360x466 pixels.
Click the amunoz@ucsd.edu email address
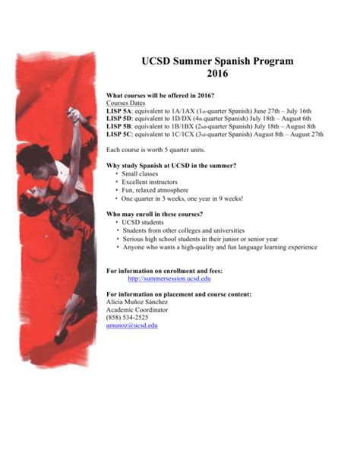point(132,325)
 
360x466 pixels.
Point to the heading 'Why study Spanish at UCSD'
point(170,166)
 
